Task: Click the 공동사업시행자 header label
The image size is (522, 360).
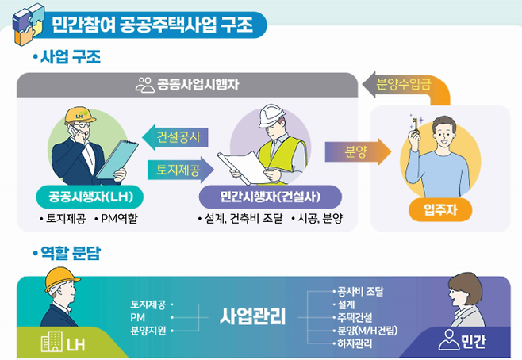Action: (x=188, y=82)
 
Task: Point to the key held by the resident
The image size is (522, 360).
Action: (x=413, y=124)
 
